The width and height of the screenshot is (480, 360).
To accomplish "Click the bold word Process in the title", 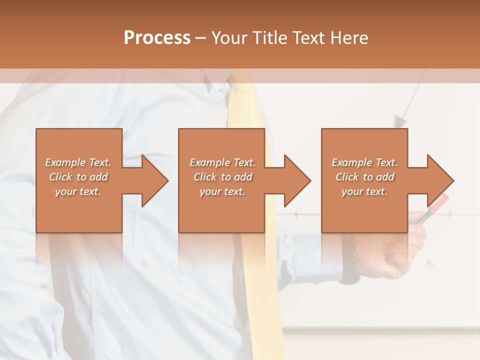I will (x=157, y=37).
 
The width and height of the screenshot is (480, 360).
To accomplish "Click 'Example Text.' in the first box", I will (x=78, y=162).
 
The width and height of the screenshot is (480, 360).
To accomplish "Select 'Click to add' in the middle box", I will (x=222, y=177).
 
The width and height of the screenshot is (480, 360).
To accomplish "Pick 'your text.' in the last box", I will (x=364, y=191).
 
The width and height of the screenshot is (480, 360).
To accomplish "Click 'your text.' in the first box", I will (x=78, y=191).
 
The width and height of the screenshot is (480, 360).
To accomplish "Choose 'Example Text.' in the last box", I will (x=364, y=162).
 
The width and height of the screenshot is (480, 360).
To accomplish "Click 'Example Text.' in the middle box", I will (x=222, y=162).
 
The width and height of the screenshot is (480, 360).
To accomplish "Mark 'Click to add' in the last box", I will (x=364, y=177).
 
